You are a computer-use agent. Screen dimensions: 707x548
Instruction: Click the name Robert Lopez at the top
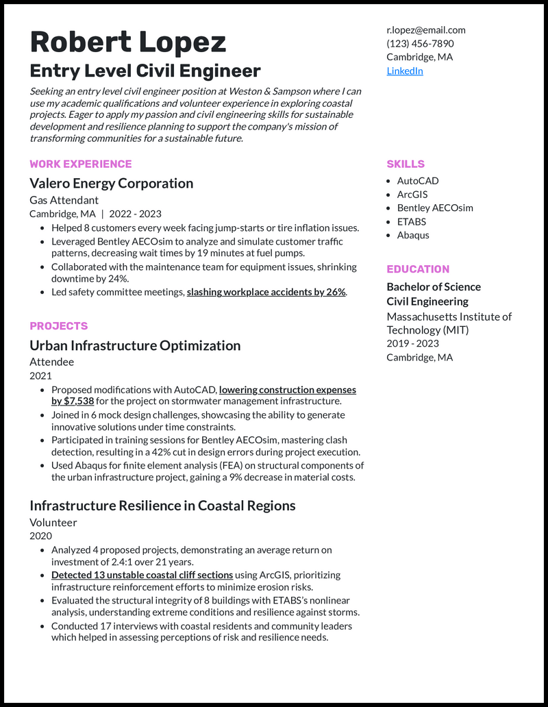[x=128, y=42]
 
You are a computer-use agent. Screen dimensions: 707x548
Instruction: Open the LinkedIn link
[x=405, y=71]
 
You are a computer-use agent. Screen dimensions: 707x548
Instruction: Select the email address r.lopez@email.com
[x=425, y=29]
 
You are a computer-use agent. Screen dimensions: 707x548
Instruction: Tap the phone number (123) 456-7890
[x=420, y=43]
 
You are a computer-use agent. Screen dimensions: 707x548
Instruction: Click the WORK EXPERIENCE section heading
[x=80, y=164]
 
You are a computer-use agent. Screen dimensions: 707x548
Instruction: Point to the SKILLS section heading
[x=406, y=164]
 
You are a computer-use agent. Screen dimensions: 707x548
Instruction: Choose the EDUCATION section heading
[x=418, y=269]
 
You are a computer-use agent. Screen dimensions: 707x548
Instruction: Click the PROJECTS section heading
[x=59, y=325]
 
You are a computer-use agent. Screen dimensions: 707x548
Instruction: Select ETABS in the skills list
[x=411, y=221]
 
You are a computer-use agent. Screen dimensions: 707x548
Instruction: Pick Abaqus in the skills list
[x=413, y=235]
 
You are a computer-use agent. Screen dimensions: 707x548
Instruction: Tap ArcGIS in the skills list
[x=413, y=195]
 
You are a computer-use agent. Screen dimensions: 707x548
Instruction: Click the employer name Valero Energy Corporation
[x=111, y=183]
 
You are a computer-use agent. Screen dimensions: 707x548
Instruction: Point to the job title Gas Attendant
[x=64, y=200]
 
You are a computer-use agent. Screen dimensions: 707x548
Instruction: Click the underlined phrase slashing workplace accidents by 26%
[x=266, y=292]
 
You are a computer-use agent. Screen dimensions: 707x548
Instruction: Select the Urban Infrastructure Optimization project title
[x=135, y=345]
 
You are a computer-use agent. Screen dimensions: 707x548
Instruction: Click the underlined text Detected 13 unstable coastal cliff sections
[x=142, y=575]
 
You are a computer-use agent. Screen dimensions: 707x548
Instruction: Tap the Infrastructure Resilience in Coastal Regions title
[x=162, y=506]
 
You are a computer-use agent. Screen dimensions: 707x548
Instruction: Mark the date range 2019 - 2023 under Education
[x=412, y=343]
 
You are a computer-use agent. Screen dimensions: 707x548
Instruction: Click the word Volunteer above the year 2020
[x=53, y=523]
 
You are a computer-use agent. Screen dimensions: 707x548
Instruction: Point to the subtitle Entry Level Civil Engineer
[x=145, y=71]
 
